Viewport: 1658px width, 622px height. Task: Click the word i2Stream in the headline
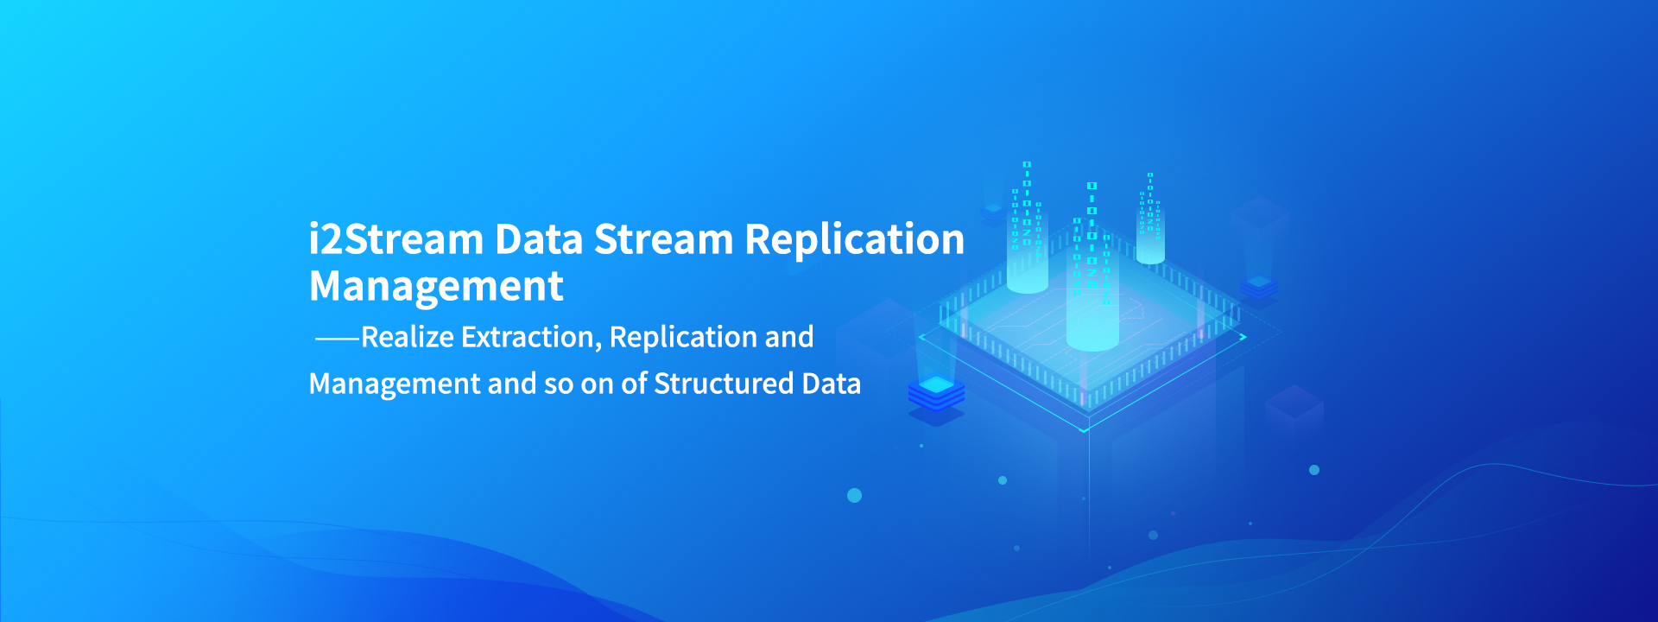tap(396, 239)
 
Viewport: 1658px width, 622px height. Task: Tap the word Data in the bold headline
tap(539, 239)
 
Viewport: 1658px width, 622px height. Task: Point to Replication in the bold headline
tap(854, 239)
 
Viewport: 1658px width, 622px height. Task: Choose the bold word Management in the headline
tap(436, 287)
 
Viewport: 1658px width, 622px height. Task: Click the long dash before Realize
tap(337, 339)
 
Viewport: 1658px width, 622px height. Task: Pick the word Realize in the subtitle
tap(408, 337)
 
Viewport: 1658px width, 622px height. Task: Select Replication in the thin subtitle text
tap(671, 338)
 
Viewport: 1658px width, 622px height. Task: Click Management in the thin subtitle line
tap(395, 384)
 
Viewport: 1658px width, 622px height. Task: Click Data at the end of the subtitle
tap(832, 384)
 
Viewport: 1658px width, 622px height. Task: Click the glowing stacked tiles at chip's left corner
tap(936, 393)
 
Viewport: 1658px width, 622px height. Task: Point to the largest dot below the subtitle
tap(854, 495)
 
